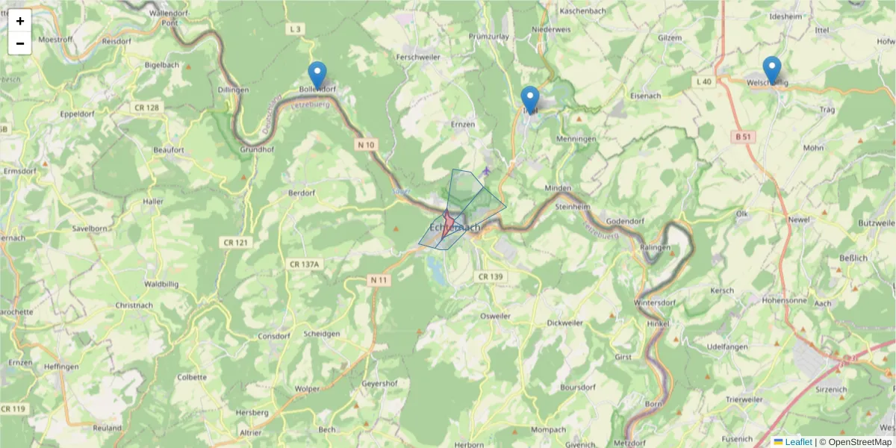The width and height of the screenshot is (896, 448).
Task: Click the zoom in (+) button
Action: click(x=20, y=21)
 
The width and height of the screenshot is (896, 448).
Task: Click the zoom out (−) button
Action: click(x=20, y=44)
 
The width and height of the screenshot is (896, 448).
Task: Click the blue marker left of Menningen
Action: click(x=530, y=100)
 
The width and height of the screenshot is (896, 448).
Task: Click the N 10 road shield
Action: click(x=367, y=144)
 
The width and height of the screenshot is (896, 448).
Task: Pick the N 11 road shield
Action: click(x=379, y=279)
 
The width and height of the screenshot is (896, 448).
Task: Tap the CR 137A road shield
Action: click(x=304, y=264)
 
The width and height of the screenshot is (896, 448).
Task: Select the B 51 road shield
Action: click(x=742, y=137)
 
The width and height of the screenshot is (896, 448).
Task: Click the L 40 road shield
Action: click(x=703, y=81)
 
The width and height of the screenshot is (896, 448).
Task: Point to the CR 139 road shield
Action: click(x=490, y=276)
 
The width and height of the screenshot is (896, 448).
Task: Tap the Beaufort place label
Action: click(x=168, y=150)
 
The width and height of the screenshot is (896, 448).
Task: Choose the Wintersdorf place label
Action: click(x=655, y=302)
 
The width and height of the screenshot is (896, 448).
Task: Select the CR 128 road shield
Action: click(x=147, y=108)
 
